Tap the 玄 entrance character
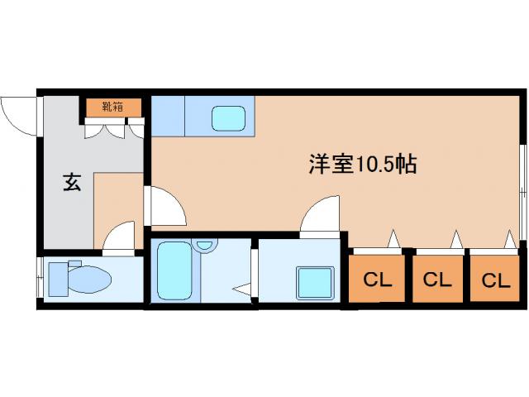(72, 183)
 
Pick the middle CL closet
(437, 280)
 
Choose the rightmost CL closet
(496, 280)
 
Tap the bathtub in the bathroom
(174, 271)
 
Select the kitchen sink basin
(228, 117)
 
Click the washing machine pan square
(314, 282)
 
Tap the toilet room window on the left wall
(40, 279)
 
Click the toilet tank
(55, 278)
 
